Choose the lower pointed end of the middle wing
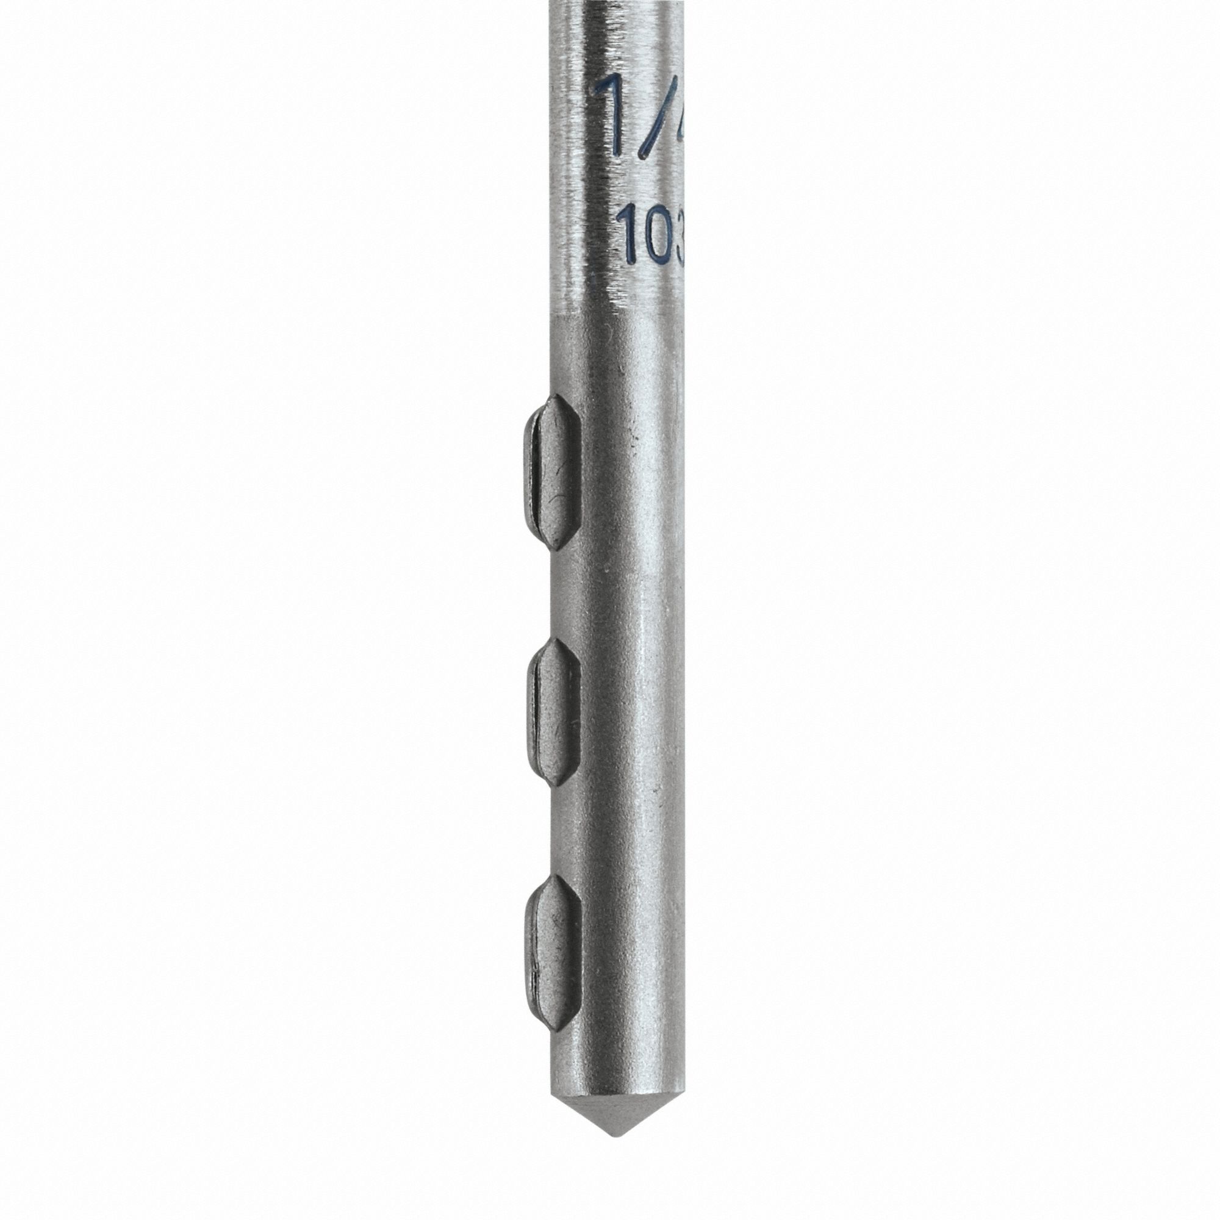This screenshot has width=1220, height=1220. [557, 784]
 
